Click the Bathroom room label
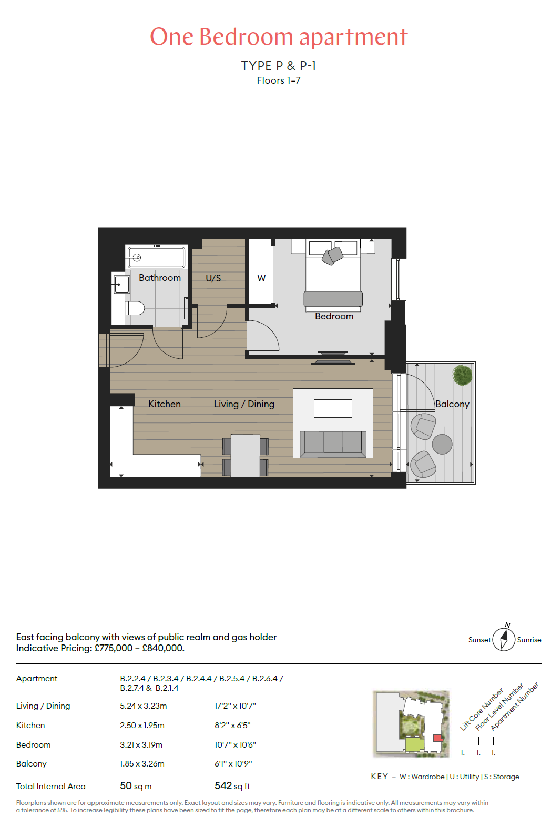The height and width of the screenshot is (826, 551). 160,278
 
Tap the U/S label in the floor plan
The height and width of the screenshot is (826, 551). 213,278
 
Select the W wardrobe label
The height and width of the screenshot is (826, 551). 261,278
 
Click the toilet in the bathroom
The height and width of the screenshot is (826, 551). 135,308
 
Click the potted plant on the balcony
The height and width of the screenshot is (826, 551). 462,375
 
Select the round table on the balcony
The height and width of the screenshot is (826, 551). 442,444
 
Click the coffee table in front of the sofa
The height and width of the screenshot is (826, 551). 333,409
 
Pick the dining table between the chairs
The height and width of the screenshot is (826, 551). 245,456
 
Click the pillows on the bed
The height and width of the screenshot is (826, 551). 332,256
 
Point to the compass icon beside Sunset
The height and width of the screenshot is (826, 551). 504,639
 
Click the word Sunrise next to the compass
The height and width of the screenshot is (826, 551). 529,640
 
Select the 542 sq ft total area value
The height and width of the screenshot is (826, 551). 232,786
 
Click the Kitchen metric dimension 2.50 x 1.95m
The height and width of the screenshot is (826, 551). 142,726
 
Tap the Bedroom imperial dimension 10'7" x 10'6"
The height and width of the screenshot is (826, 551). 235,744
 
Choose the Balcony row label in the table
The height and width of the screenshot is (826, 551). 32,764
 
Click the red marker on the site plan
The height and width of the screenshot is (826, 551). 437,738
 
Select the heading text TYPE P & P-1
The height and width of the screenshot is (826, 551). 279,66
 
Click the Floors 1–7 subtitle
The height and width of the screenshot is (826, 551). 279,80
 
